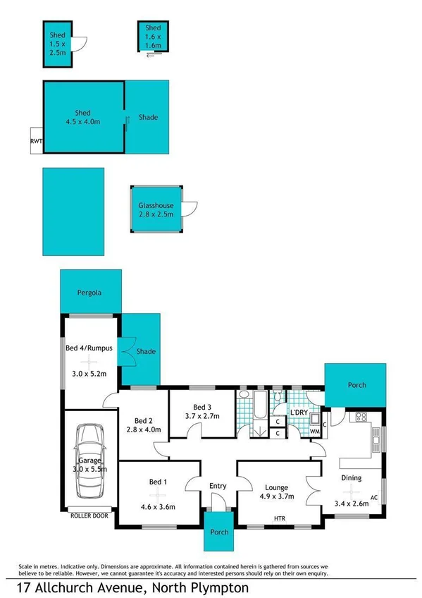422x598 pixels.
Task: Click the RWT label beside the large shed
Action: pos(37,140)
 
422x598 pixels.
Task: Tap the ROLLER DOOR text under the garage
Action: pos(90,515)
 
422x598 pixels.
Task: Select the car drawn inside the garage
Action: pos(91,461)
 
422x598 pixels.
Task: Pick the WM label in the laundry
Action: pos(315,431)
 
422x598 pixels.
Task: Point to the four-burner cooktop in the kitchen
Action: pos(364,416)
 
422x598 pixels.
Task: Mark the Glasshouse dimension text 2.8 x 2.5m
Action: pos(155,214)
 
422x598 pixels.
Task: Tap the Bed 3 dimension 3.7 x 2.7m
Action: pos(202,416)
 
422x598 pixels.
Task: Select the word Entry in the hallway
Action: pos(218,486)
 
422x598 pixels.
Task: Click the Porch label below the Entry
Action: pos(220,532)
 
